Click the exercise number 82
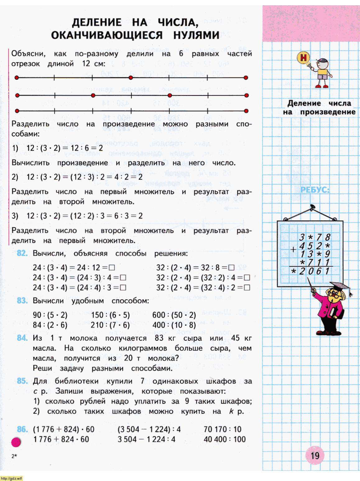[22, 253]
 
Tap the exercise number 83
[22, 301]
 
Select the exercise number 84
[22, 338]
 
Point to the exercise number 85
[22, 381]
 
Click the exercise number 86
[22, 429]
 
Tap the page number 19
[315, 456]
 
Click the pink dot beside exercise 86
[16, 442]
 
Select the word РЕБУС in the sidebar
[315, 190]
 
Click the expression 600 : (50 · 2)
[174, 315]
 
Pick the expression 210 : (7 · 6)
[110, 325]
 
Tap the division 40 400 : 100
[224, 439]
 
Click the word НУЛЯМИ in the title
[196, 35]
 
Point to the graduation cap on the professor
[341, 287]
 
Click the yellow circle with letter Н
[303, 58]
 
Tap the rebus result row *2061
[310, 271]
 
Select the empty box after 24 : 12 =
[112, 268]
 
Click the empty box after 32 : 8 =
[231, 268]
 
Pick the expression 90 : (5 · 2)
[50, 315]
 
